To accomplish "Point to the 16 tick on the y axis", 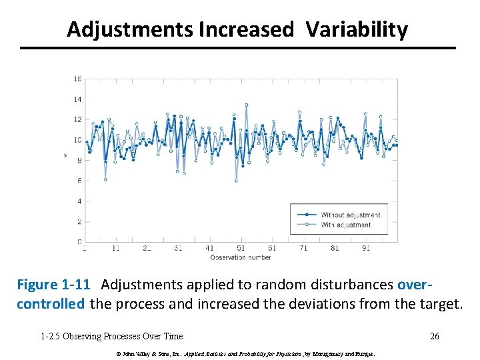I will (77, 79).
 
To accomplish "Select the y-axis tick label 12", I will (77, 119).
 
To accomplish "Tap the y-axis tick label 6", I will (79, 181).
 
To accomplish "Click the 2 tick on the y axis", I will (79, 221).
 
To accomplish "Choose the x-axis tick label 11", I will (116, 248).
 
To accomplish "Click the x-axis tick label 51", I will (241, 248).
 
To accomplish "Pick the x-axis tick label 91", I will (366, 248).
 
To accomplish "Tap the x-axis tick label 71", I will (303, 248).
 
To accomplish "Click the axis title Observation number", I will (241, 257).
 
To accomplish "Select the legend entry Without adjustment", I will (350, 215).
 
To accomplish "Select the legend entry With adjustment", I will (346, 225).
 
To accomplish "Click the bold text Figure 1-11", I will (53, 285).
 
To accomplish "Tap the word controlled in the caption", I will (51, 304).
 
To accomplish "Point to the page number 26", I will (434, 336).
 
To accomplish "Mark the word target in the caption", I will (439, 304).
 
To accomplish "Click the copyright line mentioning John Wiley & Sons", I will (245, 353).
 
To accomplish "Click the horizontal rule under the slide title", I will (237, 48).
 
